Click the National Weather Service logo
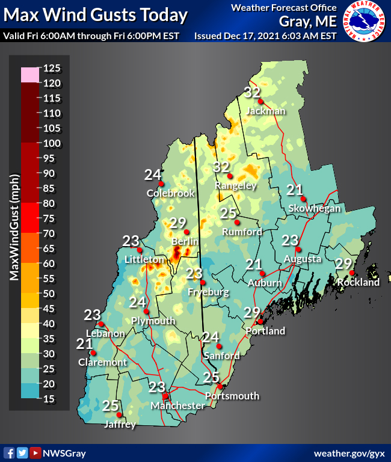coord(365,20)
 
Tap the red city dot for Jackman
coord(261,102)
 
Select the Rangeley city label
coord(236,186)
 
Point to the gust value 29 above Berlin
coord(177,223)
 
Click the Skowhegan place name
coord(315,208)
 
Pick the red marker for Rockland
coord(352,273)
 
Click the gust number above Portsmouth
coord(211,377)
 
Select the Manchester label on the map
coord(177,406)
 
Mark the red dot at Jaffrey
coord(119,414)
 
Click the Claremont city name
coord(102,362)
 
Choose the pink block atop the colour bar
coord(30,75)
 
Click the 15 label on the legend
coord(51,399)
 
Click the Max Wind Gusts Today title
coord(95,14)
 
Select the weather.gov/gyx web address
coord(349,453)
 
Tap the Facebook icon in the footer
coord(9,453)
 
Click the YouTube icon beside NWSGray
coord(35,453)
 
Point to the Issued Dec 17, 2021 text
coord(265,35)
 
